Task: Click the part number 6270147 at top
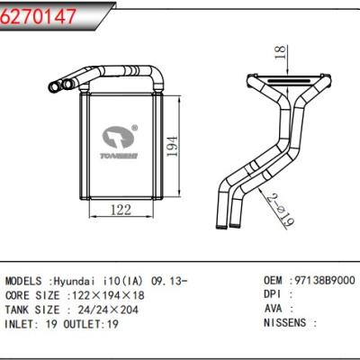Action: click(39, 14)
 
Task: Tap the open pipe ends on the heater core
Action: click(64, 85)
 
